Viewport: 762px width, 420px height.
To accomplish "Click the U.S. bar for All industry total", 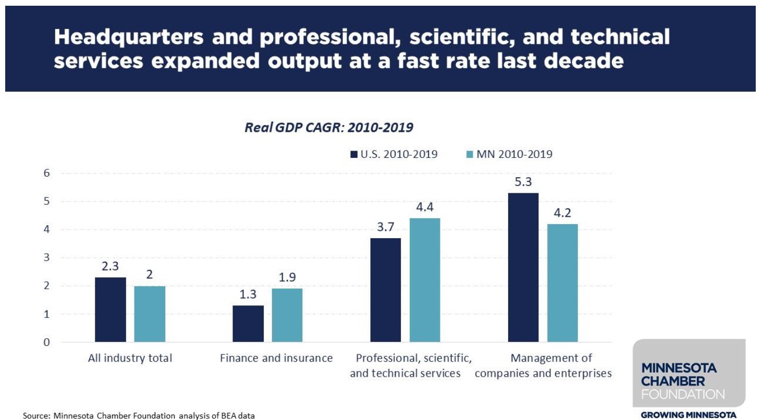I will pyautogui.click(x=110, y=310).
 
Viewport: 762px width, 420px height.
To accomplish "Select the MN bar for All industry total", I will pyautogui.click(x=150, y=314).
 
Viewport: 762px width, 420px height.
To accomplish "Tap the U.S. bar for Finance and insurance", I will pyautogui.click(x=248, y=324).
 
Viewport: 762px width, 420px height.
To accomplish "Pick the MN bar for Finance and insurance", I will pyautogui.click(x=287, y=315).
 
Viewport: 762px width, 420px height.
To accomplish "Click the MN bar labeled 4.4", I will pyautogui.click(x=425, y=280).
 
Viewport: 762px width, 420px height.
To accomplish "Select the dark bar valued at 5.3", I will pyautogui.click(x=523, y=267).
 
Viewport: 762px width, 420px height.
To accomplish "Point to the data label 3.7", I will pyautogui.click(x=385, y=228).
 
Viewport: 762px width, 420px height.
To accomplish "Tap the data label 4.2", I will pyautogui.click(x=562, y=214).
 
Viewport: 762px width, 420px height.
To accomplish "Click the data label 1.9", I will pyautogui.click(x=287, y=278).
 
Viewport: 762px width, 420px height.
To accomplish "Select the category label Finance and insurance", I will pyautogui.click(x=276, y=358).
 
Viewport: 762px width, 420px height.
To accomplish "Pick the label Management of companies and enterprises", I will pyautogui.click(x=543, y=365).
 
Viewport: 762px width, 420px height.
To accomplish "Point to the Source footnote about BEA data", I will pyautogui.click(x=139, y=415).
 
